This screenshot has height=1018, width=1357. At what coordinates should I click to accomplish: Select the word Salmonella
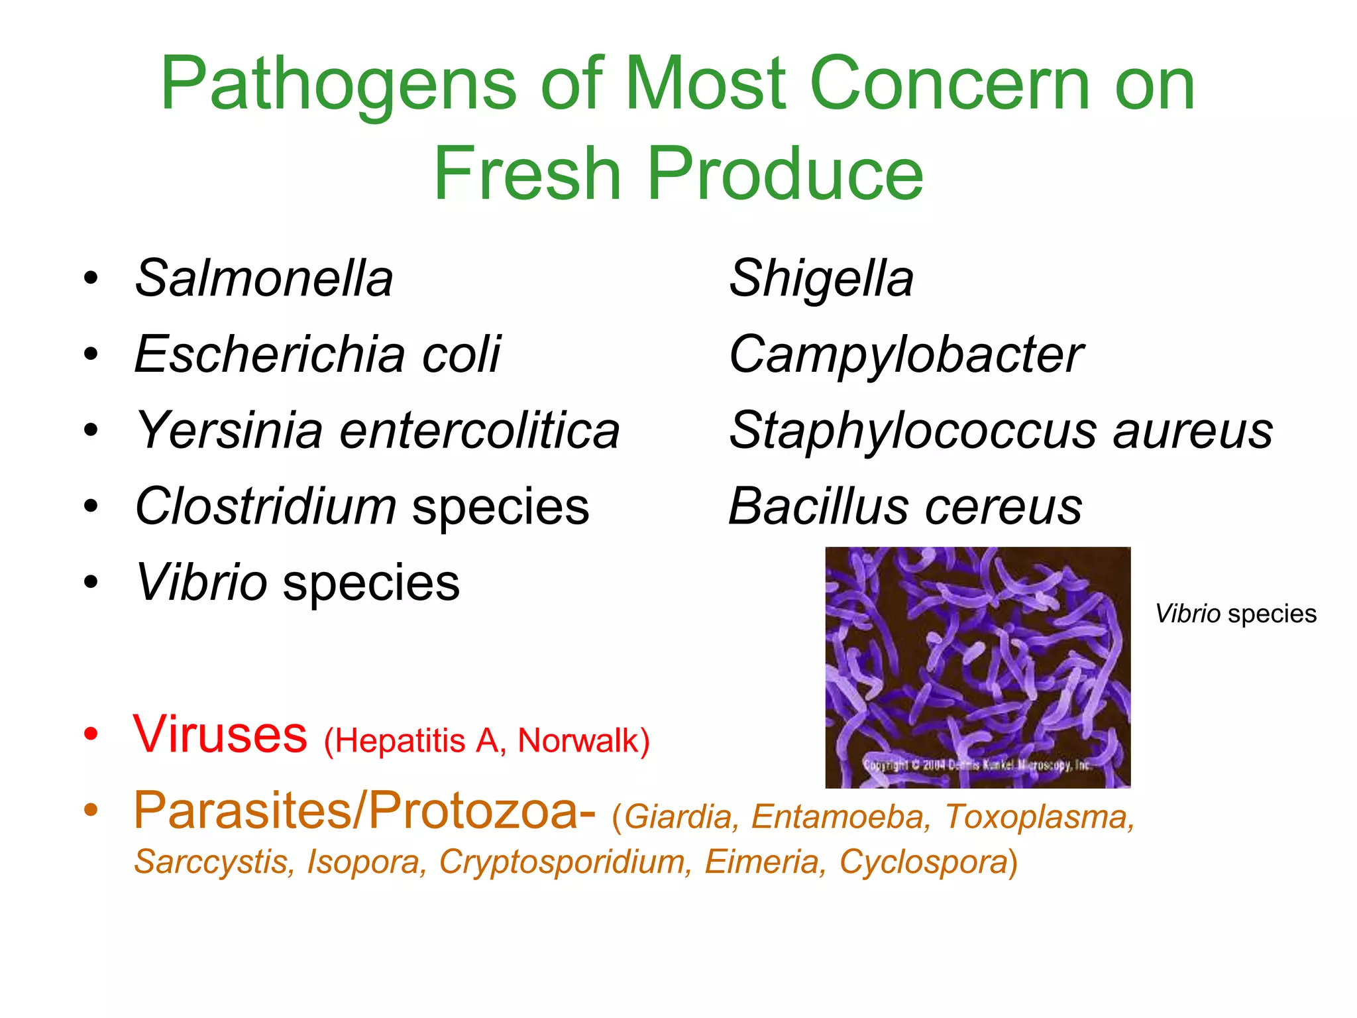tap(264, 278)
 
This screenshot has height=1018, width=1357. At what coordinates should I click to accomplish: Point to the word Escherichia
tap(269, 354)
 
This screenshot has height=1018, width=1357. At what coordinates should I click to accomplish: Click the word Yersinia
tap(229, 431)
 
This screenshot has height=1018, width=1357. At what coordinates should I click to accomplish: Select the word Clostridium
tap(265, 506)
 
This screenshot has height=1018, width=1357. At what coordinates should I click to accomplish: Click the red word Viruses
tap(220, 734)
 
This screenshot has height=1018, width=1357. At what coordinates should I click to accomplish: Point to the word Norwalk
tap(579, 740)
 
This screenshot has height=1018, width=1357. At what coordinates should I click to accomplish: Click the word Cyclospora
tap(924, 862)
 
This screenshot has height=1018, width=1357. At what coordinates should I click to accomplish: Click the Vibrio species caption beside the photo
tap(1236, 614)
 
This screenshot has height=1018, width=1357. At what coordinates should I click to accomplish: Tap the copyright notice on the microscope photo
tap(976, 765)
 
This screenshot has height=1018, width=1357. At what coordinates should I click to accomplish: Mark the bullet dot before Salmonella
tap(91, 278)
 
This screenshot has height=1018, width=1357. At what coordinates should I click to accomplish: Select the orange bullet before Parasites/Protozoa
tap(91, 810)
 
